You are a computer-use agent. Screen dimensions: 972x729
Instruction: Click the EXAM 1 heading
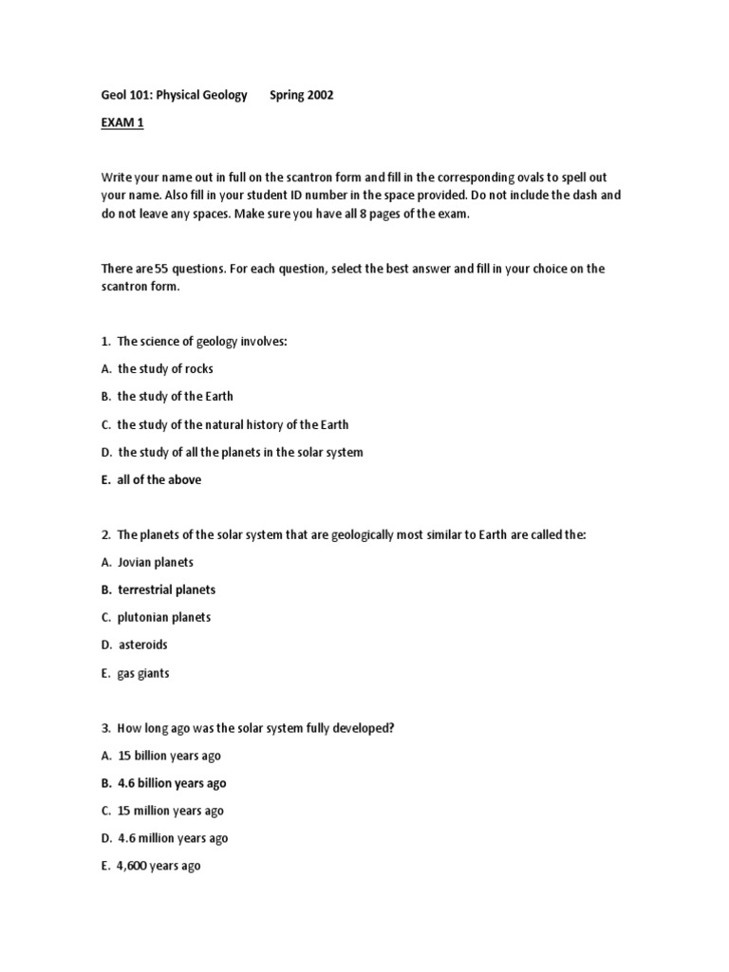pyautogui.click(x=121, y=122)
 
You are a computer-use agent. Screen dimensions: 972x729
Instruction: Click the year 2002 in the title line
pyautogui.click(x=320, y=95)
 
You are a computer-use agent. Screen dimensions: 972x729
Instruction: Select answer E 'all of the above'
pyautogui.click(x=159, y=479)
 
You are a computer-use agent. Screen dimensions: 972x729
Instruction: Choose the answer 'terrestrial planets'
pyautogui.click(x=166, y=589)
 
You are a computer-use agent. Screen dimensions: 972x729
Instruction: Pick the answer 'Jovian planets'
pyautogui.click(x=155, y=562)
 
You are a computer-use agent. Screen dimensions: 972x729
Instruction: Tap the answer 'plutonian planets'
pyautogui.click(x=163, y=617)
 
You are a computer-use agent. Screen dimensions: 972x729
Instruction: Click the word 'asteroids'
pyautogui.click(x=142, y=645)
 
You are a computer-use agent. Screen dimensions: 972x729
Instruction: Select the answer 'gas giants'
pyautogui.click(x=143, y=673)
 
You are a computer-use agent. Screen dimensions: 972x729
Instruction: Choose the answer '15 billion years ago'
pyautogui.click(x=169, y=756)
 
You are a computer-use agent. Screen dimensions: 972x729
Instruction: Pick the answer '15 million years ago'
pyautogui.click(x=170, y=811)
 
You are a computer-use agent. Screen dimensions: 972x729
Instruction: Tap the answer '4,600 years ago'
pyautogui.click(x=159, y=866)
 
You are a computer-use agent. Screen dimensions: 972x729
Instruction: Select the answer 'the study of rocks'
pyautogui.click(x=165, y=368)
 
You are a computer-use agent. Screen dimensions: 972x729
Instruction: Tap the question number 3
pyautogui.click(x=106, y=728)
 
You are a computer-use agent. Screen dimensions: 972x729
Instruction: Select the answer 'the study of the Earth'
pyautogui.click(x=175, y=396)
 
